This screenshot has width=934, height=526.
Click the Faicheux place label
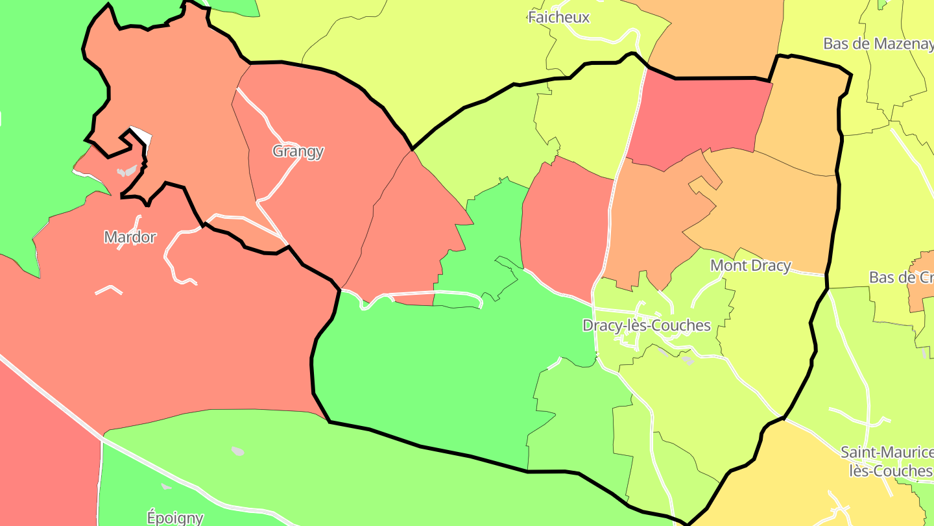point(558,18)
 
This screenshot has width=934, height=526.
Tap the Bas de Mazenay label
point(878,44)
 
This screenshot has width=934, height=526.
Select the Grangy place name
point(298,151)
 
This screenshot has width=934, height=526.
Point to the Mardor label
point(130,237)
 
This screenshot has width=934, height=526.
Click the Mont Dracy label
point(750,266)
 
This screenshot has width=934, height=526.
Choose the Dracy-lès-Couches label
point(646,325)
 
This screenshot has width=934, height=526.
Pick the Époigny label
point(174,518)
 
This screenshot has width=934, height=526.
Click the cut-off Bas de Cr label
point(900,277)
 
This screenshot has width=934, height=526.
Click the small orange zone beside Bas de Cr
point(921,292)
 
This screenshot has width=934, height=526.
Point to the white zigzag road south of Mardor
point(108,289)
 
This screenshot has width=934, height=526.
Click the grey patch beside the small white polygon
point(127,171)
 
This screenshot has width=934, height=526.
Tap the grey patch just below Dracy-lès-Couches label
point(687,360)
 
